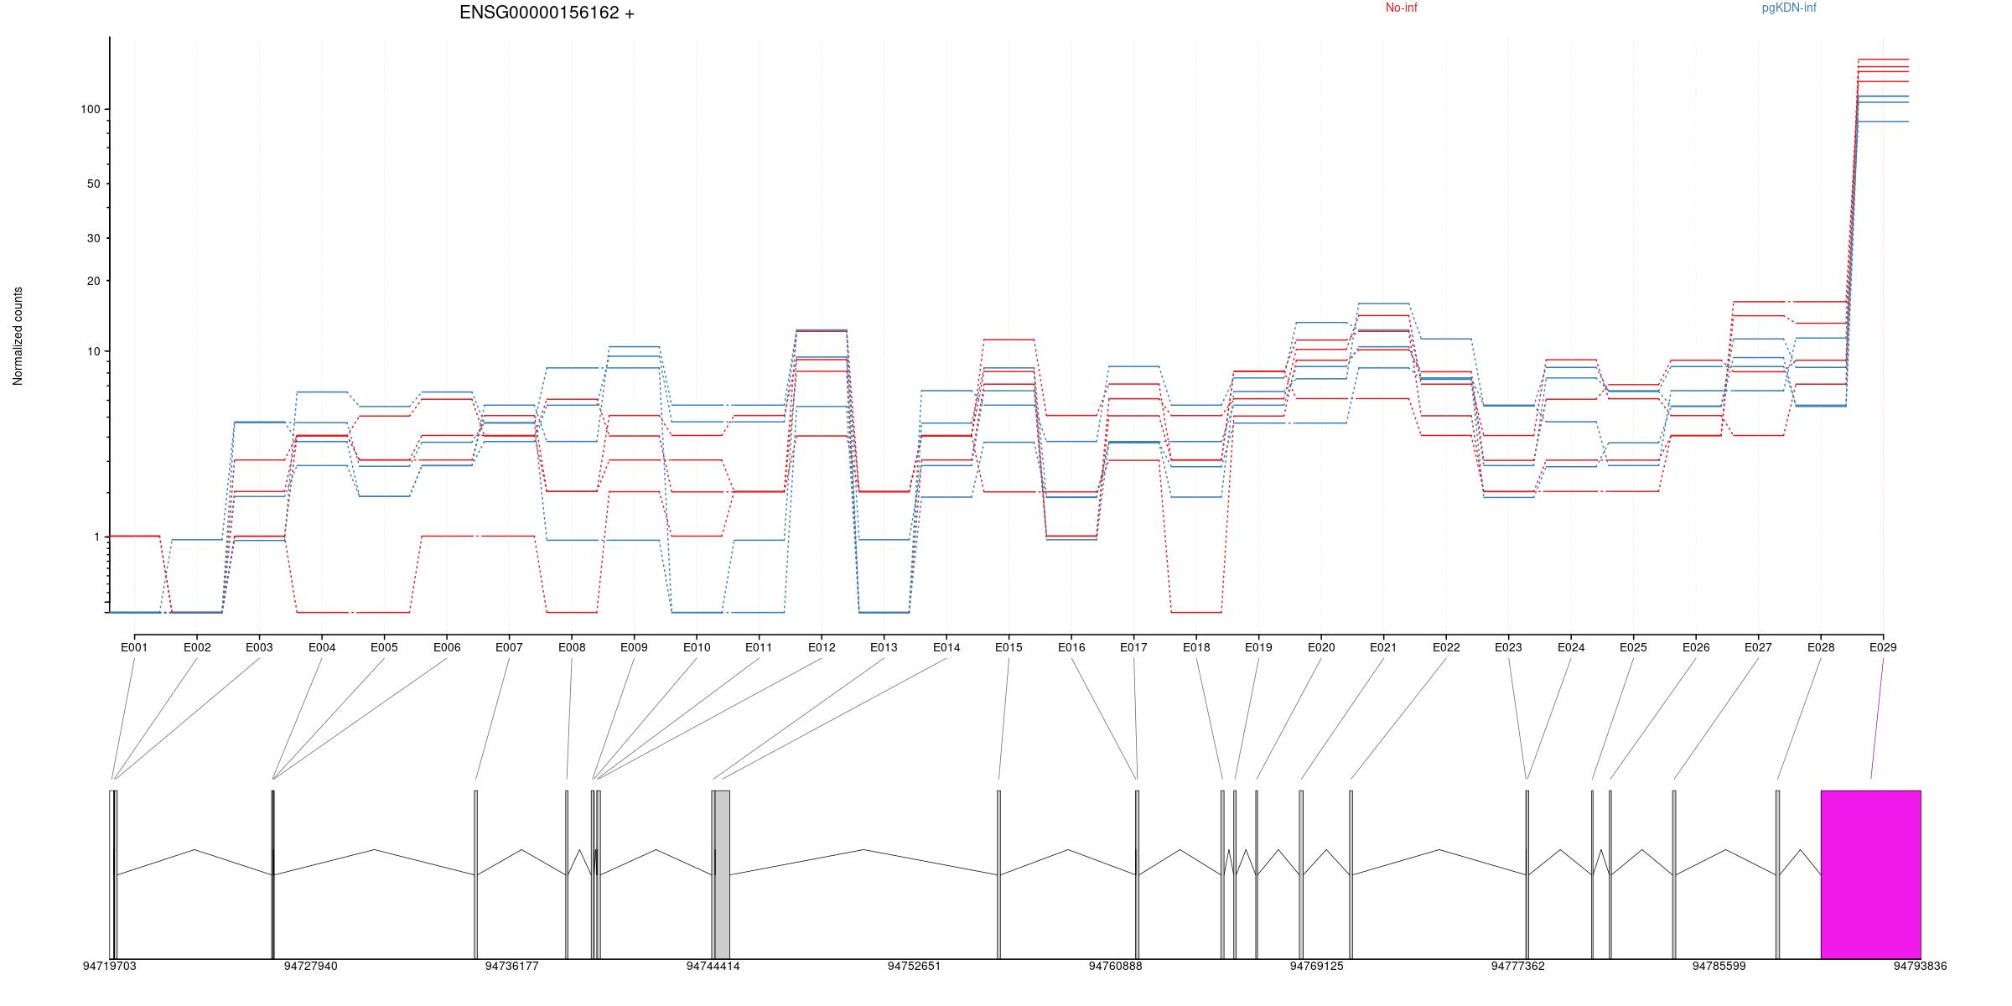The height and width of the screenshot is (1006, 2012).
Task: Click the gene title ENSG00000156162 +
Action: tap(547, 13)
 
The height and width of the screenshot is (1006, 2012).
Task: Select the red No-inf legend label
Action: tap(1401, 8)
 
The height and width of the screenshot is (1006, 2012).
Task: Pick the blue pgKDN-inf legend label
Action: tap(1789, 8)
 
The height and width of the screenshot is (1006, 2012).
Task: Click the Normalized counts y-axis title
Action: tap(18, 336)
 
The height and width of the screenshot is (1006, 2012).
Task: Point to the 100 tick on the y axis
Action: tap(90, 110)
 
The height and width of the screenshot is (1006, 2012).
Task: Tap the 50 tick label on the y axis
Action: tap(92, 184)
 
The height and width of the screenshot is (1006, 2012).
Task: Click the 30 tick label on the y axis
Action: tap(92, 239)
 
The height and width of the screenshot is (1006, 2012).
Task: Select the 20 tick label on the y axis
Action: tap(92, 282)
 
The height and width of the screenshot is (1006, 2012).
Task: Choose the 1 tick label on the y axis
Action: tap(96, 537)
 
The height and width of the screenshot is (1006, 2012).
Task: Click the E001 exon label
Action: tap(134, 647)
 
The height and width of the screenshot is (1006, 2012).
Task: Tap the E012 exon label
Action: tap(822, 647)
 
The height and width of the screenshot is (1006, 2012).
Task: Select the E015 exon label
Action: tap(1009, 647)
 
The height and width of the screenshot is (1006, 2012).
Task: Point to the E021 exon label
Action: tap(1383, 647)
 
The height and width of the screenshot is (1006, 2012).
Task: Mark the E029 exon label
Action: tap(1883, 647)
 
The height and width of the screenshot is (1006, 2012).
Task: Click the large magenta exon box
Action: tap(1870, 874)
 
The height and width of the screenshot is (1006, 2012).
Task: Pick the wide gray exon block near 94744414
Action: tap(722, 874)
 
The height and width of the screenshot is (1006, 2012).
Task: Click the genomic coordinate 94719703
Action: tap(109, 967)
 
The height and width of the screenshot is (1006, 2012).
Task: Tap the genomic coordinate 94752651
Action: tap(914, 967)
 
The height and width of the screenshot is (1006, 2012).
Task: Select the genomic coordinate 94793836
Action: tap(1920, 967)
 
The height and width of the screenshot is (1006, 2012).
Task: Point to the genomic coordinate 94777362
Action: tap(1517, 967)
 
